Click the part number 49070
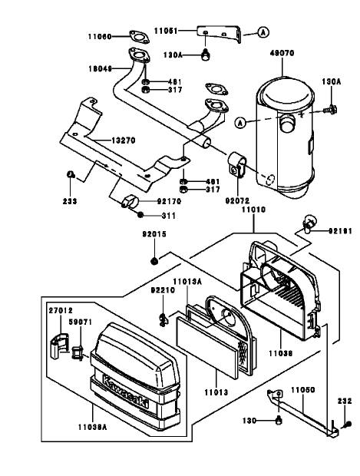pyautogui.click(x=282, y=55)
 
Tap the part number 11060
pyautogui.click(x=98, y=36)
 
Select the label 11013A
pyautogui.click(x=187, y=281)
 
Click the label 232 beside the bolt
pyautogui.click(x=343, y=400)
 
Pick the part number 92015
pyautogui.click(x=154, y=234)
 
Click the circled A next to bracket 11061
pyautogui.click(x=263, y=32)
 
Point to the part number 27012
pyautogui.click(x=61, y=310)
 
